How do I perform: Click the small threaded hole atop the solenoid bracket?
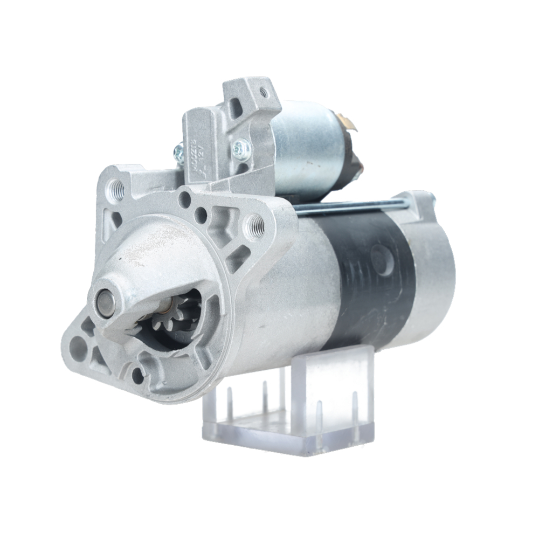coord(264,92)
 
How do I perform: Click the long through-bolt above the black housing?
coord(350,206)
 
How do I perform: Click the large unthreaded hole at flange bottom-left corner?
coord(80,343)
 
